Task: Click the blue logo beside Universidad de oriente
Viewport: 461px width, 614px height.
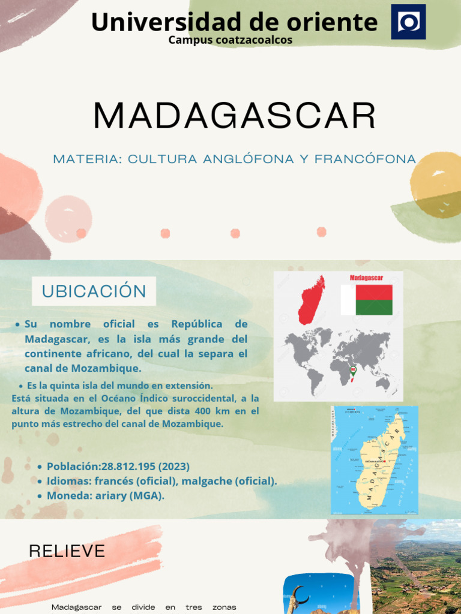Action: tap(408, 22)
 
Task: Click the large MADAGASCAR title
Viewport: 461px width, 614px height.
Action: tap(235, 116)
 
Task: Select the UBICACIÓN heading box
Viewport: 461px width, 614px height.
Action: tap(94, 291)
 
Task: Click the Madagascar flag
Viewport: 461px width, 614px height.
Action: tap(367, 300)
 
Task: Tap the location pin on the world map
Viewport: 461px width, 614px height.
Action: tap(353, 370)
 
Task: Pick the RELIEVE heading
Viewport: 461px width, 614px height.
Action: tap(67, 551)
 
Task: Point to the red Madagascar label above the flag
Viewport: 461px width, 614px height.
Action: tap(366, 278)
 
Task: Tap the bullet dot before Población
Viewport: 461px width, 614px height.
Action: tap(40, 467)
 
